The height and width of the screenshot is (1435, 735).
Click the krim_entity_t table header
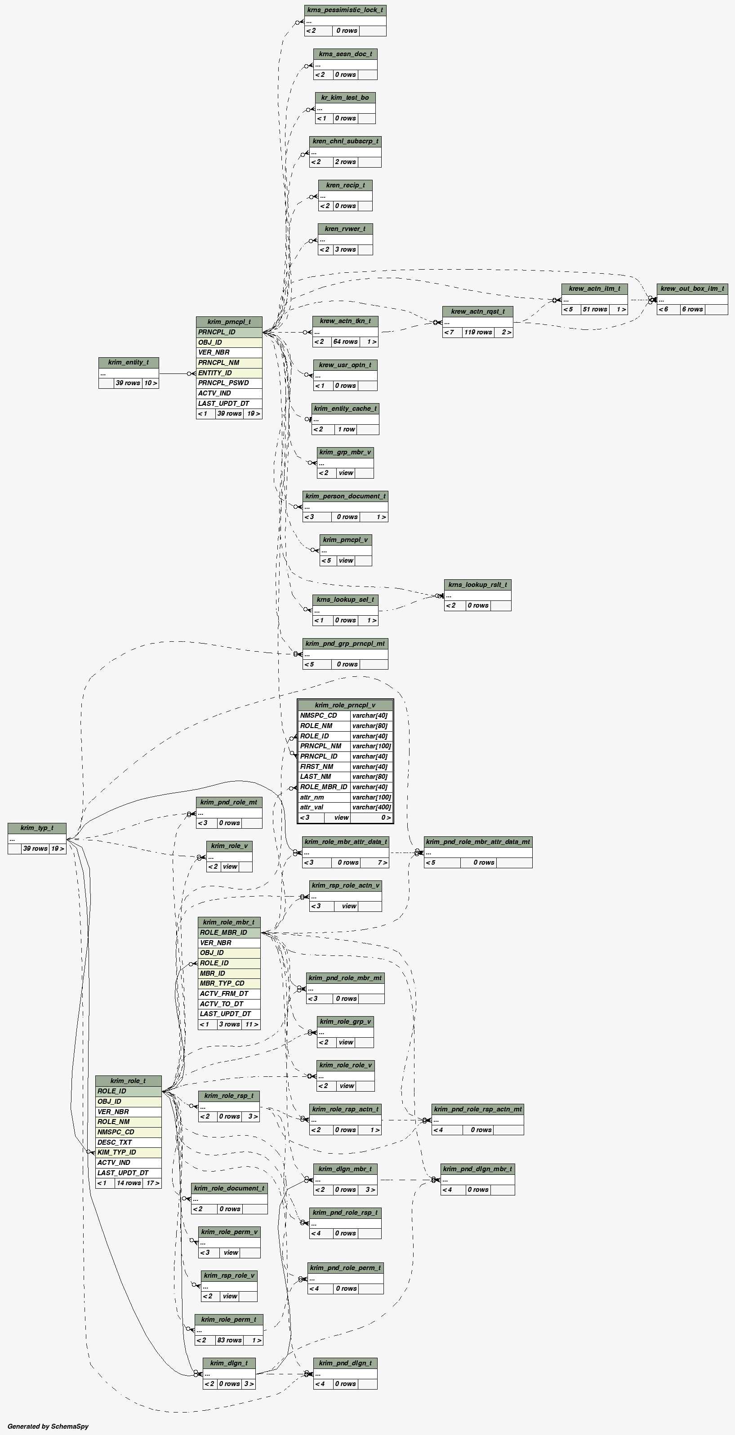pos(128,363)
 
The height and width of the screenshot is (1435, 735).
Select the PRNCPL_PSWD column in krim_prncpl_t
pos(223,383)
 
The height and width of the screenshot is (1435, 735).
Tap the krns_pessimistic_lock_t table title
pos(345,10)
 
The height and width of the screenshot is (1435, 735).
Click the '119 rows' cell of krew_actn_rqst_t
pos(477,333)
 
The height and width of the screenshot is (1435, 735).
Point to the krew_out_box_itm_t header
pos(692,289)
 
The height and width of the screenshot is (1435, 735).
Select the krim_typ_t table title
pos(37,828)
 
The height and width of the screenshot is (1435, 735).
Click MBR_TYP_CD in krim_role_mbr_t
pos(222,984)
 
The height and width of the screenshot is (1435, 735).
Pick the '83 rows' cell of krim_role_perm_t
pos(228,1340)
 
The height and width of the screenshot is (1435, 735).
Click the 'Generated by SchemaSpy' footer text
pos(48,1426)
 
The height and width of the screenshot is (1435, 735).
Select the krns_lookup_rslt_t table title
pos(477,585)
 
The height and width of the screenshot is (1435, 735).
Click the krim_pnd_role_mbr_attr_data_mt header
pos(477,842)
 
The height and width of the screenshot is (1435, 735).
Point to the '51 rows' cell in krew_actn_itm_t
pos(595,310)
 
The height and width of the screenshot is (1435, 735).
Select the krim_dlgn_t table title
pos(228,1363)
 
